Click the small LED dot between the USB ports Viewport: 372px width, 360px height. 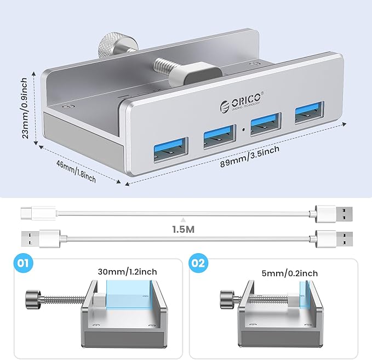click(243, 130)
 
